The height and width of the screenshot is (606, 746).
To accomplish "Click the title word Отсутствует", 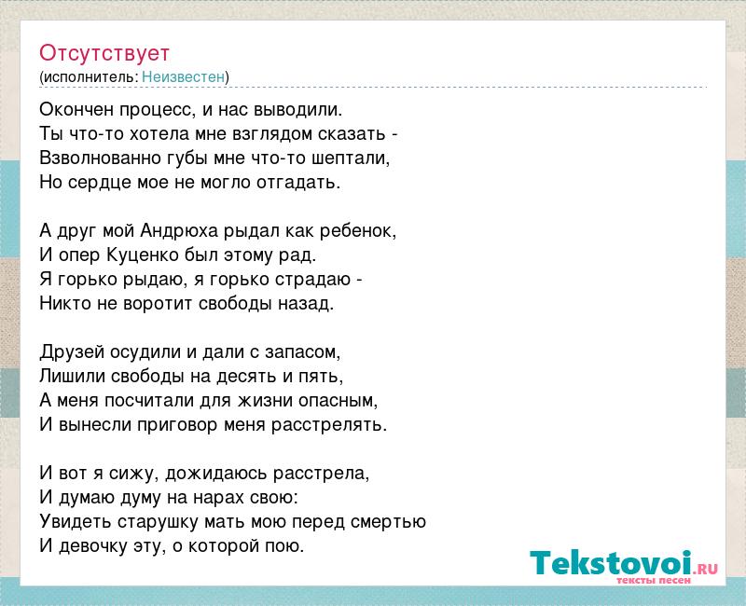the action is (x=104, y=53).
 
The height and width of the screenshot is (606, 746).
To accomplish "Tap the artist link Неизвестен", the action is (x=183, y=76).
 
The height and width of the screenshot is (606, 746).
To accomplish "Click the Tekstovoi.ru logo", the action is (x=624, y=566).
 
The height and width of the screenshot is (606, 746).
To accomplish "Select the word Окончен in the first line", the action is (x=76, y=109).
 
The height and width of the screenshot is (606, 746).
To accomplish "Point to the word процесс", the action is (x=158, y=110).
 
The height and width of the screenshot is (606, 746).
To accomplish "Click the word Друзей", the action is (x=72, y=353).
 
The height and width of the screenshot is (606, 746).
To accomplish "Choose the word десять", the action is (x=247, y=378).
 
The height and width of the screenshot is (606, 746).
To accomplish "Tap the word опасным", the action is (x=338, y=401).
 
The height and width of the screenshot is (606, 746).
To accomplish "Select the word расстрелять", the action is (x=329, y=425).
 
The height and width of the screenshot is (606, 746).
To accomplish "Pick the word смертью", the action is (x=388, y=522).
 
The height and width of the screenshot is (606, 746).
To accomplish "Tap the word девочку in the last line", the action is (x=92, y=546).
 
